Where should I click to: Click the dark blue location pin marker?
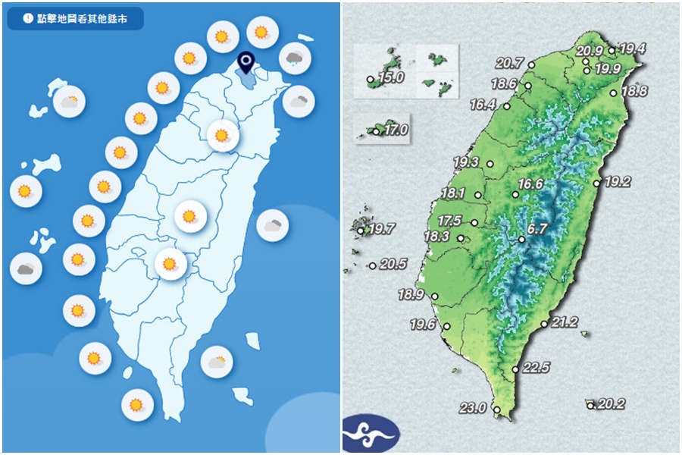point(245,61)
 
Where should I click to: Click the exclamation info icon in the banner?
point(27,19)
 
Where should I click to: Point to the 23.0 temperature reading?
point(471,408)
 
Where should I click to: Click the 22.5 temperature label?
point(536,368)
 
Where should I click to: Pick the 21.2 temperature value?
point(565,322)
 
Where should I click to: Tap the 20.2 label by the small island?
point(611,404)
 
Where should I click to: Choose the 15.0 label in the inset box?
point(392,77)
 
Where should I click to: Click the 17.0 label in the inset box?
point(396,130)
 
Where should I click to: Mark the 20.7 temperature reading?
point(510,63)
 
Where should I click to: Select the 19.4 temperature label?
point(632,49)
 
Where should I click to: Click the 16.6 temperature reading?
point(530,184)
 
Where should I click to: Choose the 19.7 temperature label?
point(381,228)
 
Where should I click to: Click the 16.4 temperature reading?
point(483,105)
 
